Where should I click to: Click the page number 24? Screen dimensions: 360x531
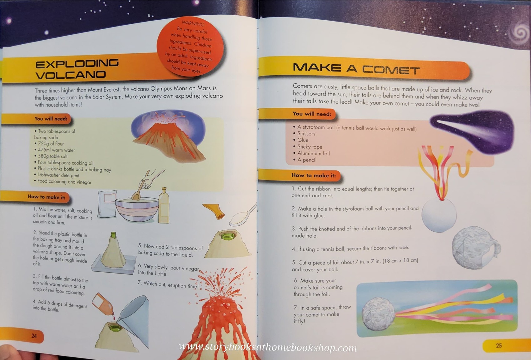point(34,336)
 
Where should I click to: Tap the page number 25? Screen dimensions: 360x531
point(499,345)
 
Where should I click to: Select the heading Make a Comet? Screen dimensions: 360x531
point(356,69)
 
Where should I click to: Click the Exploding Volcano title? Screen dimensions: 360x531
point(77,69)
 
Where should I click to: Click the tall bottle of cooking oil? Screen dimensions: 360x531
point(164,206)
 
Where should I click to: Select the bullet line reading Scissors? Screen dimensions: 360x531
point(306,134)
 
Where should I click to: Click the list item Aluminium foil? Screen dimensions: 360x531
point(313,153)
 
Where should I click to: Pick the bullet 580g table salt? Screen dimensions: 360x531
point(52,156)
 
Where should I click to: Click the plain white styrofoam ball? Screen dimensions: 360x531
point(439,215)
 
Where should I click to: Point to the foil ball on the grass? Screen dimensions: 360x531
point(378,313)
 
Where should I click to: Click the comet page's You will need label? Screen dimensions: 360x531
point(311,114)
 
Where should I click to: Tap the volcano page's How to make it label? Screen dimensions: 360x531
point(46,197)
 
